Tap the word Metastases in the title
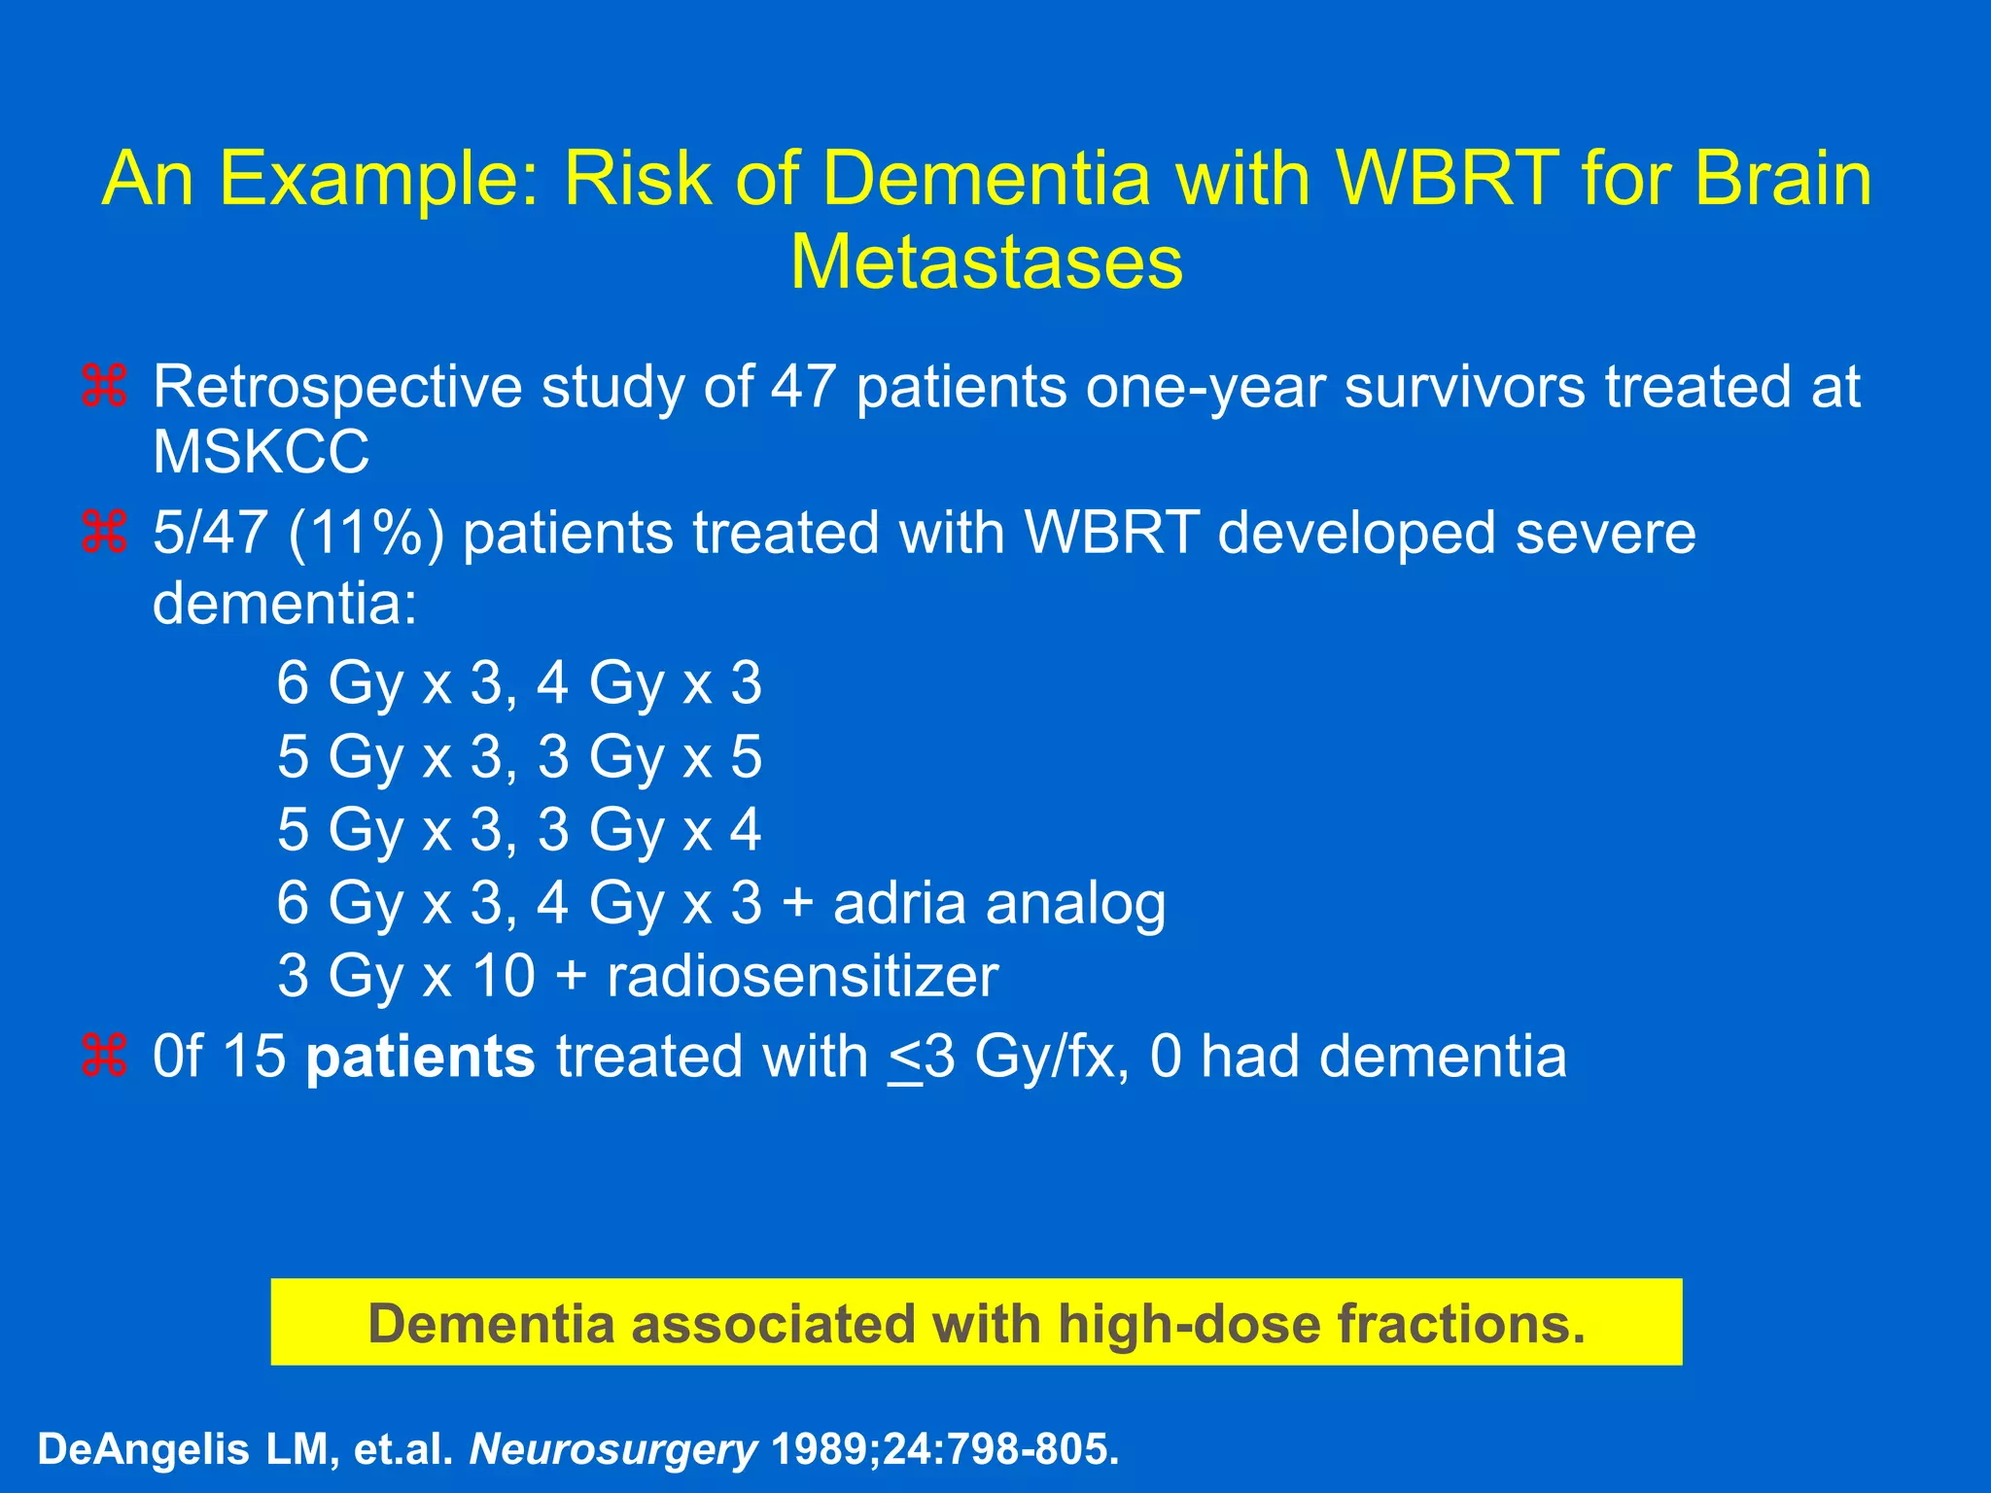pos(986,262)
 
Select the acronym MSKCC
pos(261,452)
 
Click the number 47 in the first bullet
pos(804,387)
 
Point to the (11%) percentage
pos(366,534)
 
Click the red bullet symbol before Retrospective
pos(105,387)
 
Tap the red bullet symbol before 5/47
pos(105,534)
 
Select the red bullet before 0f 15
pos(105,1057)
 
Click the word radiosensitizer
pos(802,976)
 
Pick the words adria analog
pos(998,903)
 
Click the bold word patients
pos(420,1057)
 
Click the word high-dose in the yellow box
pos(1190,1323)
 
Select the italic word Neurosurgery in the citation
pos(612,1448)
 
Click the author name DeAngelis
pos(143,1448)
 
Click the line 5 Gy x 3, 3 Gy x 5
pos(519,756)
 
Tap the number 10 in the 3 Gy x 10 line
pos(503,976)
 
